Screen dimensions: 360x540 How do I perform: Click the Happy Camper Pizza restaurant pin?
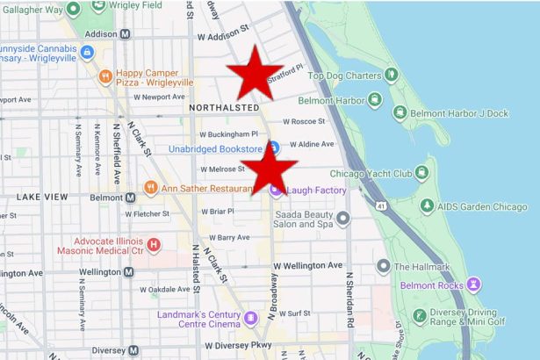coord(105,76)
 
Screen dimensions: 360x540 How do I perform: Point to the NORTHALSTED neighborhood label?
coord(223,106)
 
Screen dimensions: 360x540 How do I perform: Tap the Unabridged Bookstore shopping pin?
coord(273,147)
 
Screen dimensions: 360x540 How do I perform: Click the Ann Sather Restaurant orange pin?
coord(150,187)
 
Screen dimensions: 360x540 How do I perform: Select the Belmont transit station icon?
coord(130,198)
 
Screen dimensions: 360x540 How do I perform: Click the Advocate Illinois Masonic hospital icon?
coord(154,244)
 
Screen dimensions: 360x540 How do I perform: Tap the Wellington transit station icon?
coord(130,272)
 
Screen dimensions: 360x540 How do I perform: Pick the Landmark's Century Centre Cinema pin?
coord(251,317)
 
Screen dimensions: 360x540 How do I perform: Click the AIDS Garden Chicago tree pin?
coord(427,206)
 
